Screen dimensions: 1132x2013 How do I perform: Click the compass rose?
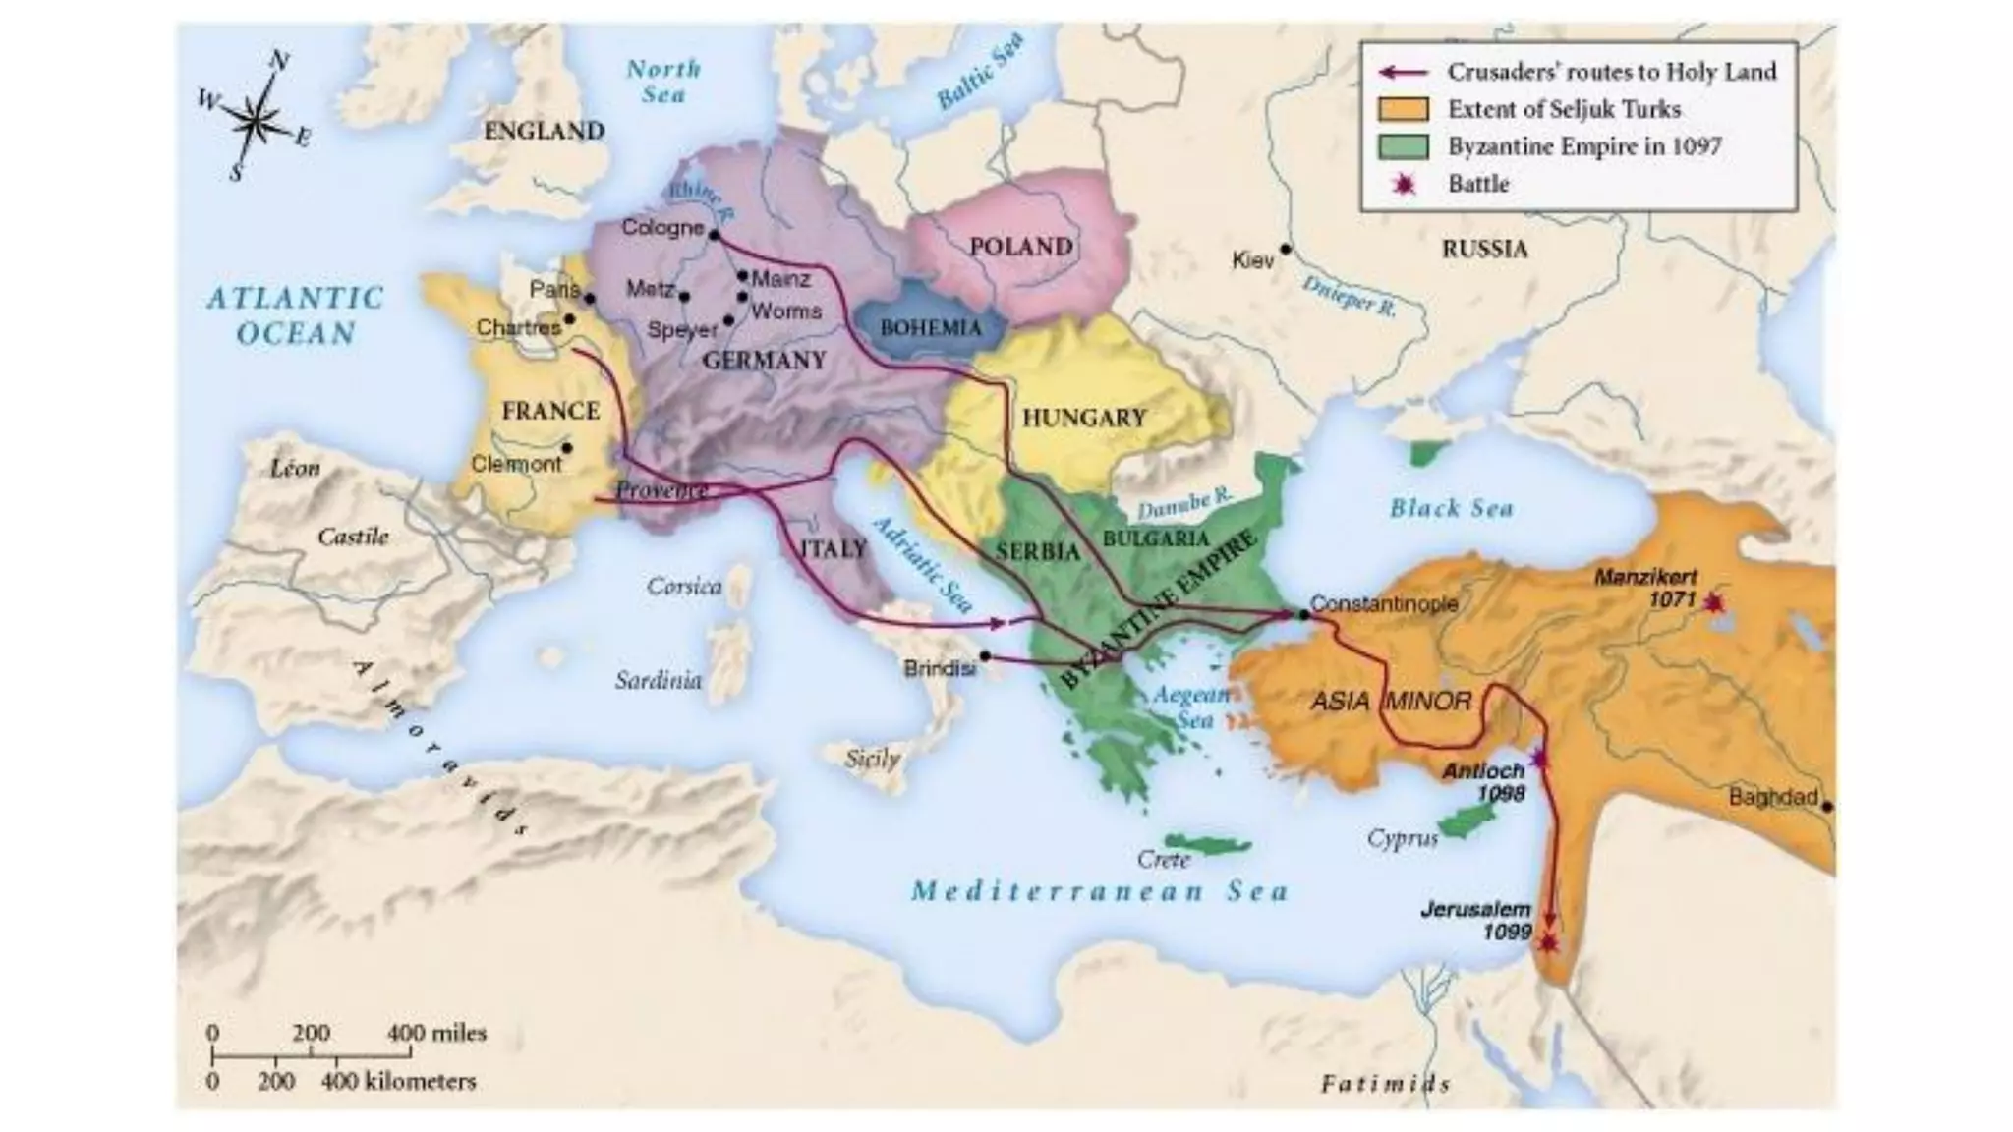(256, 121)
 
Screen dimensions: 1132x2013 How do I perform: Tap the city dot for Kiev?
(1285, 250)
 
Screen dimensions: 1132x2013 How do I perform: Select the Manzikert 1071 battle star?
(1714, 602)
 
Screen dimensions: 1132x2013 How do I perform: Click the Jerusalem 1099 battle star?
(1548, 942)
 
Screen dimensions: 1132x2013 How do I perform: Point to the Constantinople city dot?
(1303, 614)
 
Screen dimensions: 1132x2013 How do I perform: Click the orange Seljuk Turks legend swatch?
(1403, 109)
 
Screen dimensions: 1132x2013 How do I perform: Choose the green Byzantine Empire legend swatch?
(1403, 146)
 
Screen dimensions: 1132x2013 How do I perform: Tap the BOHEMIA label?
(930, 327)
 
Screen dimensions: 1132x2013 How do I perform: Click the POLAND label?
(1020, 246)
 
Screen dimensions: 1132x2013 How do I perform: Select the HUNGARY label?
(1084, 418)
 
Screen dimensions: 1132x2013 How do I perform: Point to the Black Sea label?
(1451, 508)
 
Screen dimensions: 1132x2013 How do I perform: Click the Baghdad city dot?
(1826, 807)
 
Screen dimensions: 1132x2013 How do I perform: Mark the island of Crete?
(1207, 844)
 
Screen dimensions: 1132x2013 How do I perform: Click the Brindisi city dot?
(985, 655)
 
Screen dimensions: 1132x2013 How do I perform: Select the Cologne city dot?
(715, 235)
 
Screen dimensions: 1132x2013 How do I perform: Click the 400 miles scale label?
(436, 1033)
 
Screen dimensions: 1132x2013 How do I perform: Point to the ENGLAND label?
(544, 131)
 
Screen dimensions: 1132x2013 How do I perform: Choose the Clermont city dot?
(567, 448)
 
